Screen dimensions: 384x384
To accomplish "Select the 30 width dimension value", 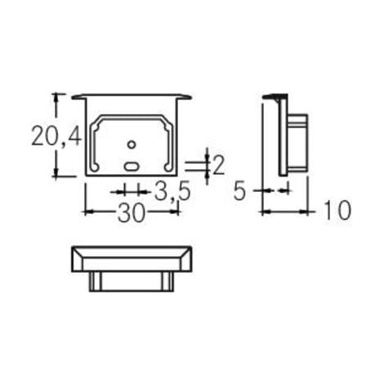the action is [131, 212].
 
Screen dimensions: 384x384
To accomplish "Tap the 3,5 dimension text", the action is [172, 191].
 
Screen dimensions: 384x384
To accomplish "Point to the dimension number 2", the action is [218, 165].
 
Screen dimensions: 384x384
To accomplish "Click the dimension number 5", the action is [240, 191].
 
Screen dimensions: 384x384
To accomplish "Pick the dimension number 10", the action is [337, 210].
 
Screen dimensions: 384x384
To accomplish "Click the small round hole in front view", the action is [132, 145].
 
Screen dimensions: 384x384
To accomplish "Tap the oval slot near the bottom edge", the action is [132, 166].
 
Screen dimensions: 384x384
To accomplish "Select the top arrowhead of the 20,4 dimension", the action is [56, 97].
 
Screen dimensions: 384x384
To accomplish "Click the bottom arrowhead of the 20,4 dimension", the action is [56, 172].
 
